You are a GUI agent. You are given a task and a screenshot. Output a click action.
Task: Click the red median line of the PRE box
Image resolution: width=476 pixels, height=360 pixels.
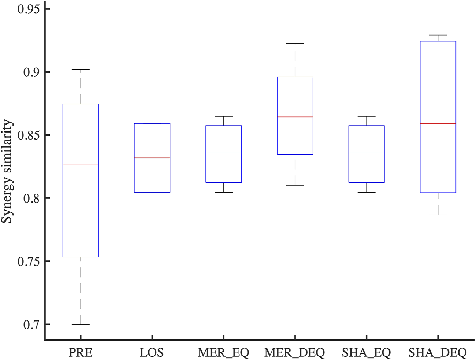pyautogui.click(x=81, y=164)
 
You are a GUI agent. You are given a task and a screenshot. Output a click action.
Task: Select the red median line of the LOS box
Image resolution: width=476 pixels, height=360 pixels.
pyautogui.click(x=152, y=158)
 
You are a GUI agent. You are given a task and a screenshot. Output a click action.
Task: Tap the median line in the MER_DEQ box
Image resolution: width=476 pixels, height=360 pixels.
pyautogui.click(x=295, y=117)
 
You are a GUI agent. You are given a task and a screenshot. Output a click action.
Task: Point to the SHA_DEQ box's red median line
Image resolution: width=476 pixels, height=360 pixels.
pyautogui.click(x=438, y=123)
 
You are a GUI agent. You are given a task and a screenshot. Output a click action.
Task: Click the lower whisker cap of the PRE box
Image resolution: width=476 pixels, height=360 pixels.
pyautogui.click(x=81, y=324)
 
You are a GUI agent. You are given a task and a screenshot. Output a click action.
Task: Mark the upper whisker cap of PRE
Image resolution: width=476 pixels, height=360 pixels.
pyautogui.click(x=81, y=69)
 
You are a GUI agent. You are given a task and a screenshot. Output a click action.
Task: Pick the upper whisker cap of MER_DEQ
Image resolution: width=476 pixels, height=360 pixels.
pyautogui.click(x=295, y=43)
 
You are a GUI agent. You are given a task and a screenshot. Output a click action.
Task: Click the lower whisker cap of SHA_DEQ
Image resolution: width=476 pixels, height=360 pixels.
pyautogui.click(x=438, y=215)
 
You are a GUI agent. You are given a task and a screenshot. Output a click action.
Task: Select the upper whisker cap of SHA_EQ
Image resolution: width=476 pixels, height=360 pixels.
pyautogui.click(x=367, y=116)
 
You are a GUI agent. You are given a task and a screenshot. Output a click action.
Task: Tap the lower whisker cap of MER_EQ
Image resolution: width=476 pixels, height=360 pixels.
pyautogui.click(x=223, y=192)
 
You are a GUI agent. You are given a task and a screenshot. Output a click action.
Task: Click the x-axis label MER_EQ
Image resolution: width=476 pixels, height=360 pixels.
pyautogui.click(x=223, y=353)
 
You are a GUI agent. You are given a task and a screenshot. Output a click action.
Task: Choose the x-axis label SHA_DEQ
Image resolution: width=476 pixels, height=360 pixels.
pyautogui.click(x=438, y=353)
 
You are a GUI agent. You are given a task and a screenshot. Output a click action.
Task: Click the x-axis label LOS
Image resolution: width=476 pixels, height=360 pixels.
pyautogui.click(x=152, y=353)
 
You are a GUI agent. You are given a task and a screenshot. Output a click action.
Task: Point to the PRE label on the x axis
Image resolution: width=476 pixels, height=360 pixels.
pyautogui.click(x=81, y=353)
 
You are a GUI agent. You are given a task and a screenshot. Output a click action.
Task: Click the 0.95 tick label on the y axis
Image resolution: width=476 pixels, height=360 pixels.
pyautogui.click(x=29, y=8)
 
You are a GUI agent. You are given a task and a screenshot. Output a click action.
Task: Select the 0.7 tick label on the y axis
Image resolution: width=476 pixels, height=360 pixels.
pyautogui.click(x=31, y=324)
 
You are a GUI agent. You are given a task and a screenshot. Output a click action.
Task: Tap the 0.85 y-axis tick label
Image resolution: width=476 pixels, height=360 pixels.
pyautogui.click(x=29, y=135)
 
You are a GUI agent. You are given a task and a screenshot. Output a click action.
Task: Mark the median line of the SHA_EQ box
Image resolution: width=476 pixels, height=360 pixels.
pyautogui.click(x=367, y=153)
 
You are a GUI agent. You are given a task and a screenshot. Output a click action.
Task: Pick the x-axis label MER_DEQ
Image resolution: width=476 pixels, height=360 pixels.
pyautogui.click(x=295, y=353)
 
